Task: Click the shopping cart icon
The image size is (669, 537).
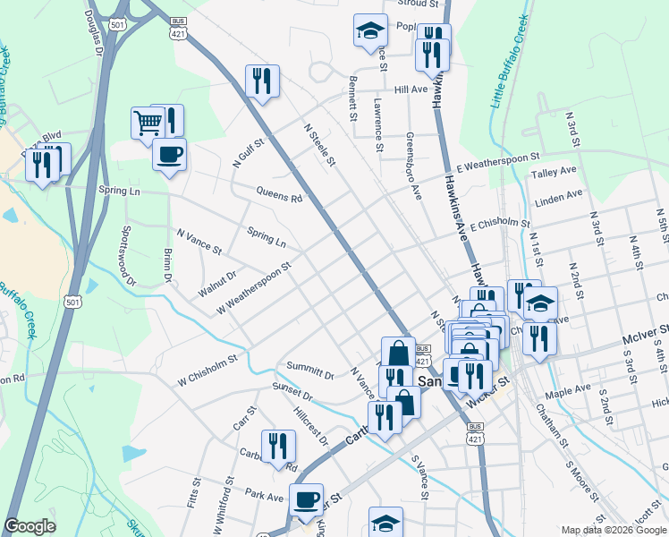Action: click(147, 123)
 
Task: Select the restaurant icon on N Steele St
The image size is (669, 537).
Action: click(262, 81)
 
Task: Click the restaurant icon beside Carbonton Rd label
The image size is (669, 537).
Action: click(278, 447)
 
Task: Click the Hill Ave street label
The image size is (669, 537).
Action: click(411, 89)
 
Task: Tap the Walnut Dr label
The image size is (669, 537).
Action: click(216, 285)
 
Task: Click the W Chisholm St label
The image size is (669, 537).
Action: click(207, 365)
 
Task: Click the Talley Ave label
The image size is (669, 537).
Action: click(555, 171)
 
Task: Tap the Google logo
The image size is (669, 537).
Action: click(30, 526)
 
